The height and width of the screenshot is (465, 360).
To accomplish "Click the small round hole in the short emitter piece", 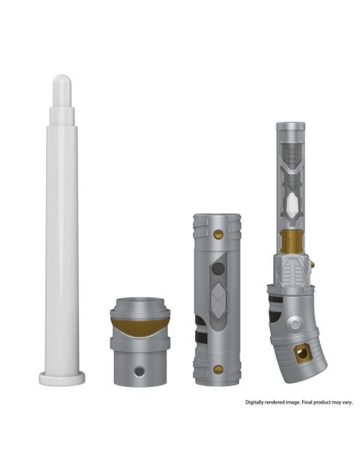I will coord(142,369).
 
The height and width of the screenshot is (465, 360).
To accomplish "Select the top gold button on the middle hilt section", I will coord(218,233).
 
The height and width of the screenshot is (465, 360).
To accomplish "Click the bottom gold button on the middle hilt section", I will coord(218,369).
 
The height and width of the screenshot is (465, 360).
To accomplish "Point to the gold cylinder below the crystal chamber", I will coord(291,240).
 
